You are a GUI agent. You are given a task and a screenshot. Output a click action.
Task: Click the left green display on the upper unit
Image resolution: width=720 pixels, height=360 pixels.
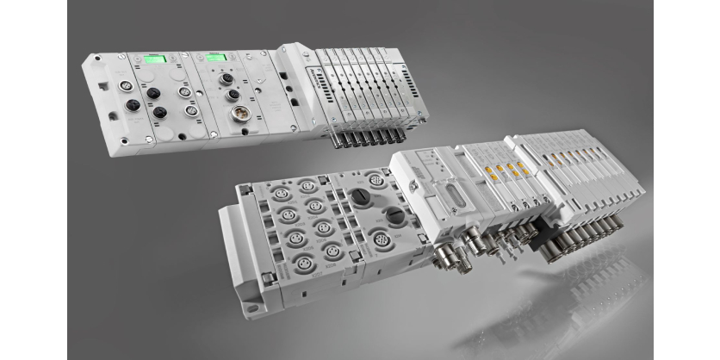155,60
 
